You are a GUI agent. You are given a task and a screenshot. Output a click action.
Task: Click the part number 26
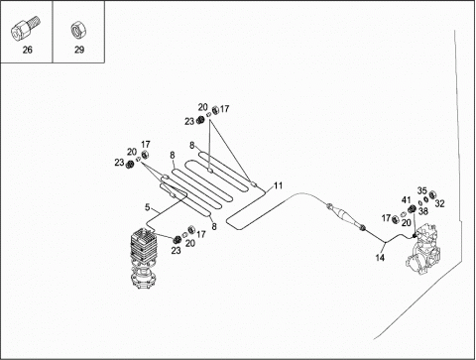click(x=28, y=50)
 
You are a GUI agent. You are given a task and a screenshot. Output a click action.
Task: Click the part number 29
click(x=79, y=50)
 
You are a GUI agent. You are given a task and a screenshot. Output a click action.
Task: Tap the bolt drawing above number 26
click(x=26, y=29)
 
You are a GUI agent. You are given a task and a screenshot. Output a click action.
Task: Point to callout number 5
click(x=148, y=207)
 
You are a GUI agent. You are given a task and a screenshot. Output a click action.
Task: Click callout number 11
click(x=279, y=185)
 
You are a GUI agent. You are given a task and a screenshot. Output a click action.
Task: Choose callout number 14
click(x=380, y=258)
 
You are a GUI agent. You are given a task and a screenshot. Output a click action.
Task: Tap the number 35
click(x=422, y=190)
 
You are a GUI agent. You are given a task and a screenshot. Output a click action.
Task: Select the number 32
click(x=439, y=203)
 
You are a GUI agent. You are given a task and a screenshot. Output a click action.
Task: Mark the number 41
click(x=407, y=200)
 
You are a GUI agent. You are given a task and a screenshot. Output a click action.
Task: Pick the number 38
click(x=423, y=211)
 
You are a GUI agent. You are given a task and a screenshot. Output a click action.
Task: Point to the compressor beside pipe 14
click(x=424, y=250)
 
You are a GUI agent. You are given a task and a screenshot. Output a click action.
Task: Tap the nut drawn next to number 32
click(x=431, y=194)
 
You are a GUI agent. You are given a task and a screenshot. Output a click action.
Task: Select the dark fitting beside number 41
click(x=413, y=209)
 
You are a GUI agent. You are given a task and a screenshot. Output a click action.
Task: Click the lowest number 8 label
click(x=214, y=227)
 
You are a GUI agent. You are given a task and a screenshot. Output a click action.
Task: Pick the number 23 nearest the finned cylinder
click(x=176, y=251)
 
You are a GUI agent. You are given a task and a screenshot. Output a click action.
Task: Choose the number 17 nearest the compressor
click(x=386, y=218)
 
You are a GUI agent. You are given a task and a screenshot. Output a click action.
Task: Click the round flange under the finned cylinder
click(x=143, y=279)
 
